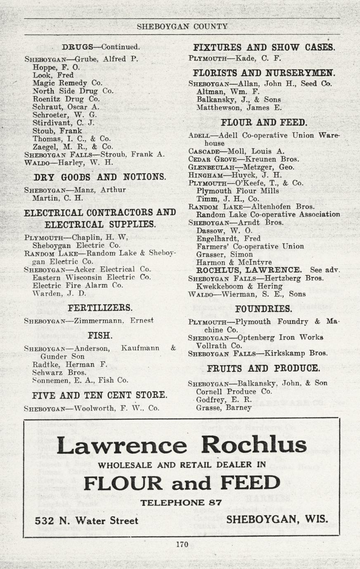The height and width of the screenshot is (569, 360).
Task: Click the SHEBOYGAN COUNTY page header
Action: (x=182, y=27)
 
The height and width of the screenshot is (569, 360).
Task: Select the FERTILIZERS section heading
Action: (x=100, y=308)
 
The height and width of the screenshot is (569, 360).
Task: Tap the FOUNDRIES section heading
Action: (x=263, y=309)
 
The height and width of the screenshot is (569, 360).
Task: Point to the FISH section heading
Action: (x=100, y=335)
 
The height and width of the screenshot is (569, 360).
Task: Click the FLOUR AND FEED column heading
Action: (x=264, y=123)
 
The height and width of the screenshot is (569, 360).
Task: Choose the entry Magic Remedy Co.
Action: (x=67, y=83)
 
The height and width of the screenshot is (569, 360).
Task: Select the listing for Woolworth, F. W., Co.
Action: (x=116, y=408)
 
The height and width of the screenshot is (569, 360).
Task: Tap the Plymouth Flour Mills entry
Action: (x=237, y=191)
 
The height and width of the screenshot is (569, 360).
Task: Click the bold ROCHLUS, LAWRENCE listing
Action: (x=249, y=270)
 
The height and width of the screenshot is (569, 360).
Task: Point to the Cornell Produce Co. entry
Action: (x=234, y=392)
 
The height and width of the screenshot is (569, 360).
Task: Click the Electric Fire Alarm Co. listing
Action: (x=78, y=286)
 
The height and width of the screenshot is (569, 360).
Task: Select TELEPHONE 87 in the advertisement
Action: (x=181, y=503)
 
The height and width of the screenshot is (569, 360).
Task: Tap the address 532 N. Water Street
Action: (x=87, y=521)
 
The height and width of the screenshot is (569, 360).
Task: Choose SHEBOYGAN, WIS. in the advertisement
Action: (x=277, y=519)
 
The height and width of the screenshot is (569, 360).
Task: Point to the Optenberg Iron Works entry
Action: (x=280, y=338)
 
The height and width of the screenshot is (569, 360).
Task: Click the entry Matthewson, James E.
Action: (x=239, y=108)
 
